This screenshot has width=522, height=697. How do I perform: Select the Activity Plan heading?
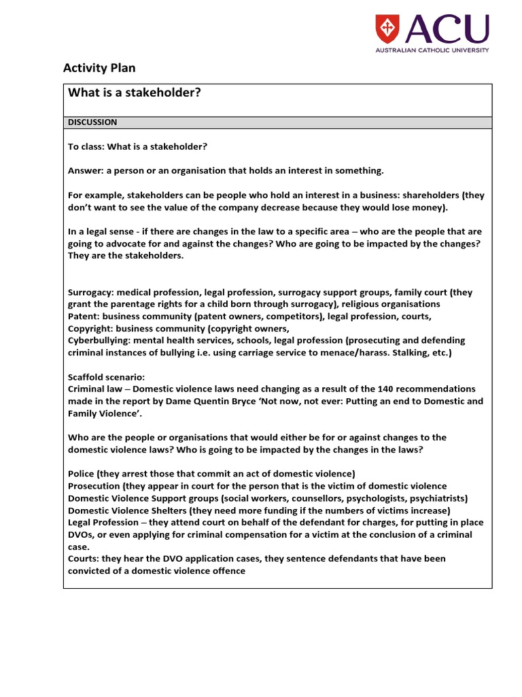pyautogui.click(x=99, y=67)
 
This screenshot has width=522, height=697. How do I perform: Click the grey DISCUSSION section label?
pyautogui.click(x=92, y=123)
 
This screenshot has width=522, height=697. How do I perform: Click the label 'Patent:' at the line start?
pyautogui.click(x=84, y=317)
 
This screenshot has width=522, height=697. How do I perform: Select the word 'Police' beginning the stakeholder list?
pyautogui.click(x=80, y=473)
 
